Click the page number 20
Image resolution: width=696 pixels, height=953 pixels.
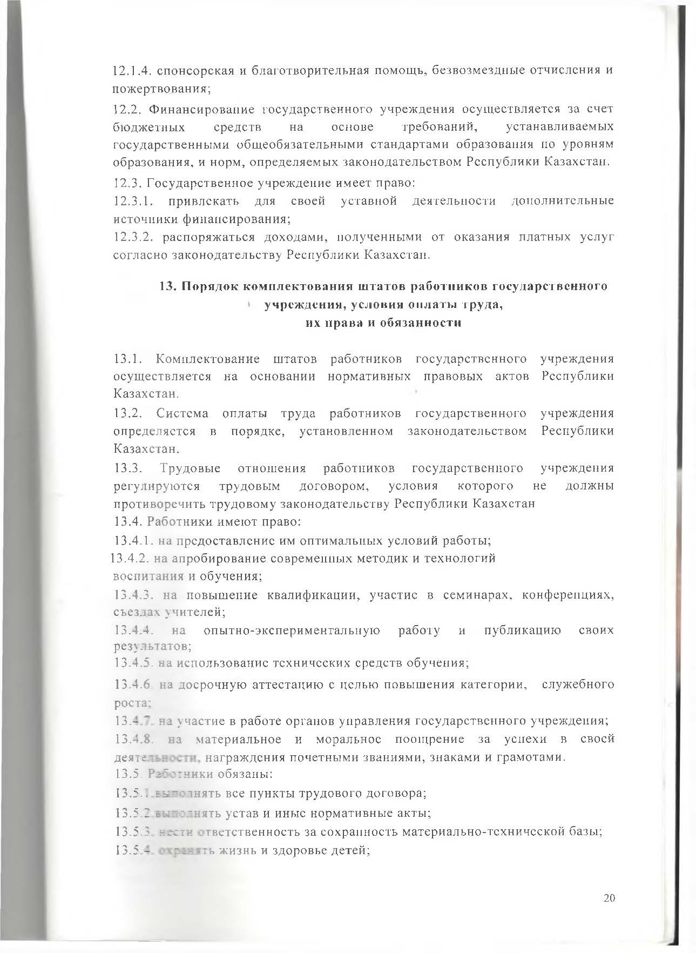click(609, 897)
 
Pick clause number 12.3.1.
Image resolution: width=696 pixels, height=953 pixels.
click(133, 201)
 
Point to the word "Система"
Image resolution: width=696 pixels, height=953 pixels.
click(183, 413)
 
